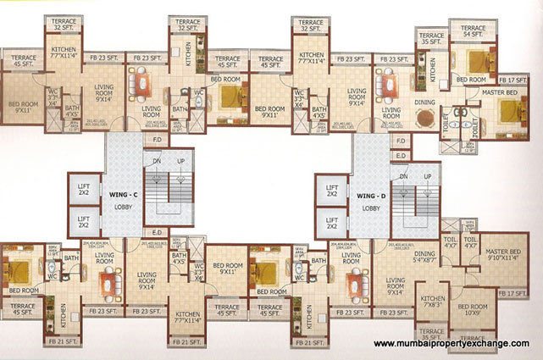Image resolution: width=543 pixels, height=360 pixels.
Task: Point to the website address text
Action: (x=452, y=343)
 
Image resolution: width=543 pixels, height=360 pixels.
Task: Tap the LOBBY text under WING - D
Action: (x=369, y=207)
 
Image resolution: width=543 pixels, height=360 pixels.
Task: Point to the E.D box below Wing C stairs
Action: (x=157, y=232)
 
